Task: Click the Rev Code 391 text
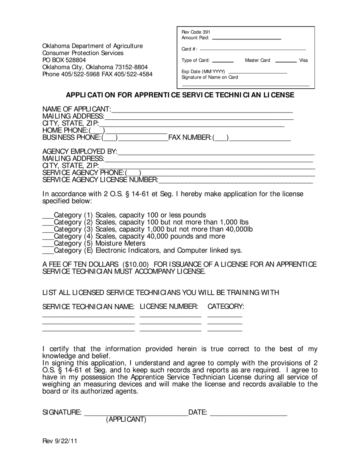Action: (196, 32)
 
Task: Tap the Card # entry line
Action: (252, 49)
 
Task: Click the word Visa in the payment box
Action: (304, 60)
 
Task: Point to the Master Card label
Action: (257, 60)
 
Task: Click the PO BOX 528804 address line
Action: (64, 60)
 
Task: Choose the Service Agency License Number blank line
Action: (236, 182)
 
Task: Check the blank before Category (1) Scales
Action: (48, 217)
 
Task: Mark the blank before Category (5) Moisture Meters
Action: (48, 246)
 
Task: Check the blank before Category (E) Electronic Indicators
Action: (48, 253)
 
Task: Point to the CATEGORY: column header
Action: (225, 306)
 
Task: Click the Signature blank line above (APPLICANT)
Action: (136, 414)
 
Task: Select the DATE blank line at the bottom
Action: (248, 414)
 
